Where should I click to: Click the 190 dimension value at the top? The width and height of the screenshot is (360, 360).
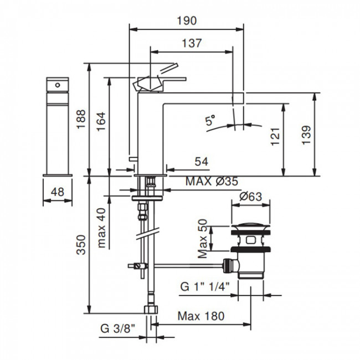tap(187, 20)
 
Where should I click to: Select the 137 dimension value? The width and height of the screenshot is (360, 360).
tap(191, 43)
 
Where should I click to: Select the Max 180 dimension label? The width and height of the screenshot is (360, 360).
tap(201, 316)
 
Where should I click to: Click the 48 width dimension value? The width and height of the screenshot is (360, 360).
tap(57, 192)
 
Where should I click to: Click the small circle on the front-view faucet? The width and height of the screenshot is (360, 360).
tap(56, 85)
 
